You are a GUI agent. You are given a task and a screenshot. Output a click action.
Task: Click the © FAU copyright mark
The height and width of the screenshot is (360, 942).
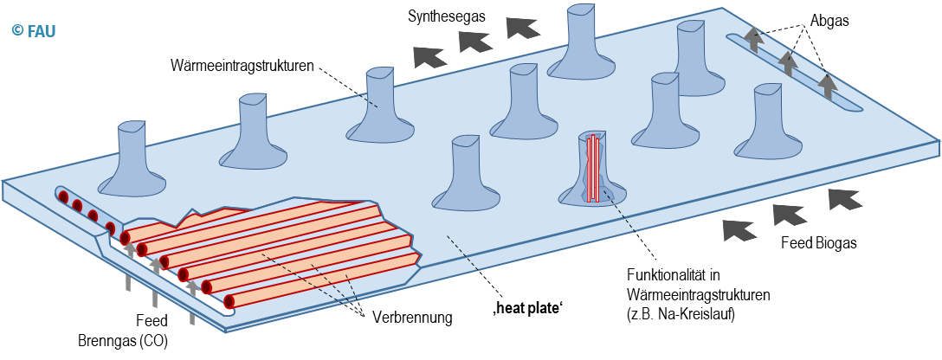coord(34,31)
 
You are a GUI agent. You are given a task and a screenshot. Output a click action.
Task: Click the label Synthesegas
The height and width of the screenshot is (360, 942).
coord(448,14)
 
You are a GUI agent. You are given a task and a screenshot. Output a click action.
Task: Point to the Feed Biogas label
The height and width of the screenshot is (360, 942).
coord(818,244)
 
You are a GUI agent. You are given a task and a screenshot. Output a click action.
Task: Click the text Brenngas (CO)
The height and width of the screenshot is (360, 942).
coord(123,342)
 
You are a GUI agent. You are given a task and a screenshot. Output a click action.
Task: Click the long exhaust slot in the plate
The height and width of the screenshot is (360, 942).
coord(794,72)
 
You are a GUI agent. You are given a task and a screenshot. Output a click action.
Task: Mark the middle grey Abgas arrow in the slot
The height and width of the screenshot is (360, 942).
coord(788,61)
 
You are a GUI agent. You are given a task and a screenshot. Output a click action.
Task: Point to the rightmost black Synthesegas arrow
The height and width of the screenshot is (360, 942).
coord(523,28)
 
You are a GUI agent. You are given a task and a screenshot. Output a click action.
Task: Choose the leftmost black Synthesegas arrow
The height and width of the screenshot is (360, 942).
coord(431,55)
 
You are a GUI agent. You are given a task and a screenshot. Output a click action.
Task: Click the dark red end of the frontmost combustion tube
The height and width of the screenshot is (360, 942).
coord(229,300)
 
